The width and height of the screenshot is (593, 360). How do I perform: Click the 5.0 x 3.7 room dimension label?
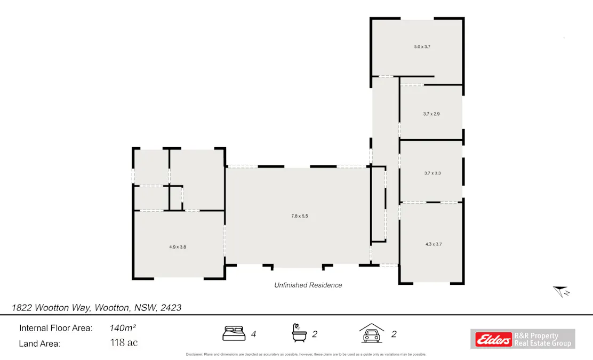coord(422,47)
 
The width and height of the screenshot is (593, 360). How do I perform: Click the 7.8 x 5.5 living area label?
coord(300,216)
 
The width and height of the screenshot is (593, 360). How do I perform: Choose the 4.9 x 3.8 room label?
coord(177,247)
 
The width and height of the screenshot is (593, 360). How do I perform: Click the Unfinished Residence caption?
coord(308,285)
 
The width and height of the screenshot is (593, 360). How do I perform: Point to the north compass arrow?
coord(560,291)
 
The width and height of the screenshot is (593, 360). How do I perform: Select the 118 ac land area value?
coord(124,343)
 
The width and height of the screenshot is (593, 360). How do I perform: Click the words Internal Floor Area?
coord(55,328)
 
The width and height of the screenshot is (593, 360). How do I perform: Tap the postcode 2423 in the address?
coord(171,308)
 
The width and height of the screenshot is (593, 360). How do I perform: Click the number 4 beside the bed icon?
coord(253,334)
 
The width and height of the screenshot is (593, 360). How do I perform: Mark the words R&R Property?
coord(535,336)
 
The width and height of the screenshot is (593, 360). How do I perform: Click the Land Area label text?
coord(39,343)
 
